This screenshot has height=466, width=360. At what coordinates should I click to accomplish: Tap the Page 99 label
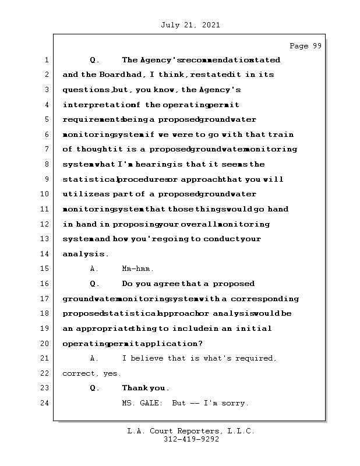click(305, 46)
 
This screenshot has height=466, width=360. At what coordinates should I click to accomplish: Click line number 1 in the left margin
click(45, 60)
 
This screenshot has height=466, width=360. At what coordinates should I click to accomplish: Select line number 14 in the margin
click(45, 254)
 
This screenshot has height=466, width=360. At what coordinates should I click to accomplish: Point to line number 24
click(45, 403)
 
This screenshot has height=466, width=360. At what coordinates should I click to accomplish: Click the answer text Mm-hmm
click(137, 269)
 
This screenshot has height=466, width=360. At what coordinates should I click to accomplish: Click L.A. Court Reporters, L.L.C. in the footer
click(191, 432)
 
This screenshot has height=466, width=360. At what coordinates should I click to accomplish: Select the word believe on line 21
click(148, 358)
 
